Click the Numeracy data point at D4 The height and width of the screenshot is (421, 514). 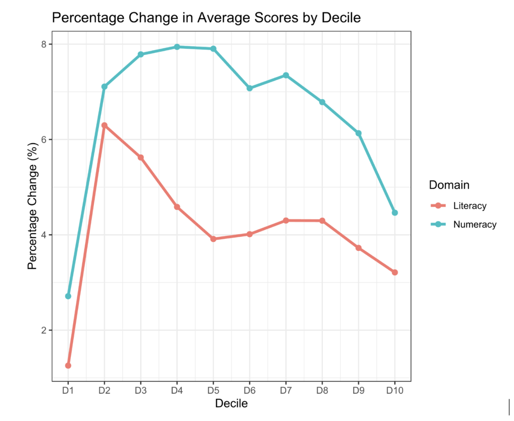point(177,47)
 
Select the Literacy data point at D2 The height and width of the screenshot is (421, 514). point(104,125)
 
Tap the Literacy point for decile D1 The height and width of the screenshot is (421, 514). point(68,366)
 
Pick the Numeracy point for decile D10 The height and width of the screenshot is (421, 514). point(395,213)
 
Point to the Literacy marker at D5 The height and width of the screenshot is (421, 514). point(213,239)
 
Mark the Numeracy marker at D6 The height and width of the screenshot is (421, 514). point(249,88)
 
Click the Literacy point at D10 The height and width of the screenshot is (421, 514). point(395,272)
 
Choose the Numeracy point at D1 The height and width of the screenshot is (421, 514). point(68,296)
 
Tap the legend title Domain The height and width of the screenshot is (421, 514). point(449,185)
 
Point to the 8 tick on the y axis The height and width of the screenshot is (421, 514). point(43,44)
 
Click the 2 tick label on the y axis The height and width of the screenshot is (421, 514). point(43,330)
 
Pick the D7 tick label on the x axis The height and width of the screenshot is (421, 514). point(286,391)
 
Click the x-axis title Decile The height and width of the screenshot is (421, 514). point(231,404)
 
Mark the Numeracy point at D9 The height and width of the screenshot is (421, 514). point(359,133)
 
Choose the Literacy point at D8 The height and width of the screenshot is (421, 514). point(322,220)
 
